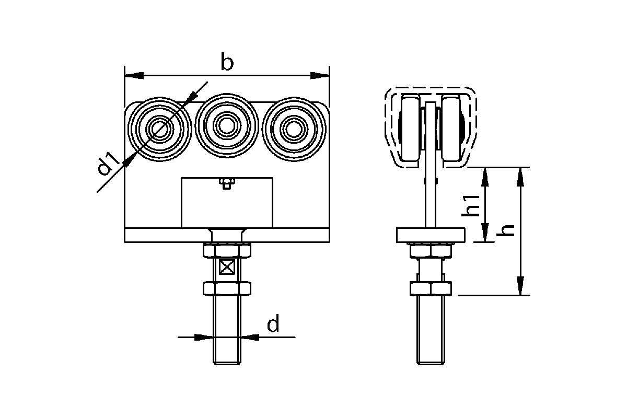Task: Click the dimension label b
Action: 227,61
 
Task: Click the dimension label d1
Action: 108,163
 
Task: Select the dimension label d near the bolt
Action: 273,323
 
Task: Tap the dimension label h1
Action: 471,206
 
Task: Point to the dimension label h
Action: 506,230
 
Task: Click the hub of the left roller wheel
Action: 160,130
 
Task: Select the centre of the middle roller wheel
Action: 227,125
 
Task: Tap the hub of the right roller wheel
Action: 294,130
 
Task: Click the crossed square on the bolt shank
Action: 226,267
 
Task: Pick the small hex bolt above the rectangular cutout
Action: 227,184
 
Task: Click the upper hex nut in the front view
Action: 227,250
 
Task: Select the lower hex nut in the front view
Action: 227,288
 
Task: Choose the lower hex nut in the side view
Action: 431,288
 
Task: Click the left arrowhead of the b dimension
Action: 134,75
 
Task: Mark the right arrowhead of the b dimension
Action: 320,75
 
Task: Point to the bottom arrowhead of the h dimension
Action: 520,286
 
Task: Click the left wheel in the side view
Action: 411,127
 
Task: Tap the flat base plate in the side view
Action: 431,235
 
